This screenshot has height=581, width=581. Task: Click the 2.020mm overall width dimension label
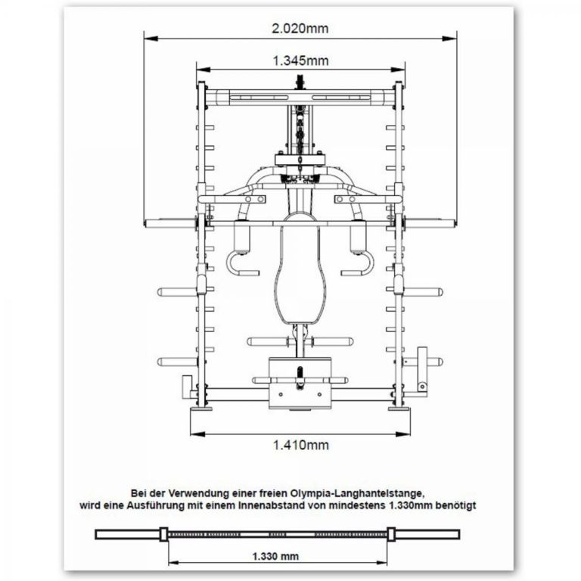click(300, 29)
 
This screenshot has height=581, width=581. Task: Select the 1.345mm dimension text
click(300, 60)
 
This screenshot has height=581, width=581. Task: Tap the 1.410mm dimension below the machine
click(300, 445)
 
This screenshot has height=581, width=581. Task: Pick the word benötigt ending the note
click(474, 504)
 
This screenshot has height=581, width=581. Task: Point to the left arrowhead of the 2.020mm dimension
click(147, 37)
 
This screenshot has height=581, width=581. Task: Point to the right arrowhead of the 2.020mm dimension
click(455, 37)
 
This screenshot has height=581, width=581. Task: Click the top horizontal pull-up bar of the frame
click(300, 97)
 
